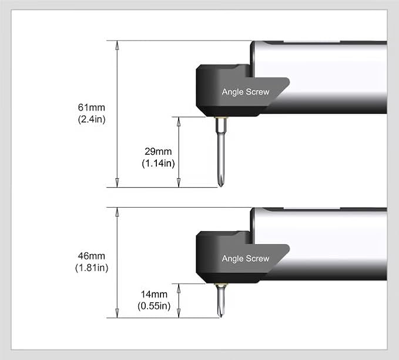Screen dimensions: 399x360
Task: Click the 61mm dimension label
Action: (92, 107)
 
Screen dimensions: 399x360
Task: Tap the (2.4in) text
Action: (92, 119)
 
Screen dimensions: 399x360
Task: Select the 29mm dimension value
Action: (158, 151)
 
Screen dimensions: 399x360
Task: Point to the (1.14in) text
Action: (158, 163)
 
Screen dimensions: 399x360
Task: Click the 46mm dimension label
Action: (92, 256)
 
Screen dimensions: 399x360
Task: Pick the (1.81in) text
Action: (92, 268)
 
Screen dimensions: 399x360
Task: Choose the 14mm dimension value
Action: (154, 294)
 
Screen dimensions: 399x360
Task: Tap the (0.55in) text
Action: (154, 306)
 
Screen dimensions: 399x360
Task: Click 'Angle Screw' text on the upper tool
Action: (246, 92)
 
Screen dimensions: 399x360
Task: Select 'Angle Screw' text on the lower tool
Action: (246, 259)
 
